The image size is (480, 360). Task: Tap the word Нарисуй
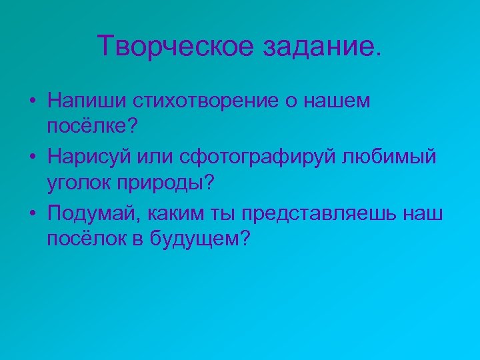click(x=90, y=157)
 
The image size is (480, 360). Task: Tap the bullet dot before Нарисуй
click(x=32, y=159)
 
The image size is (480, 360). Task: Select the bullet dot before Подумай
click(x=32, y=215)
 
